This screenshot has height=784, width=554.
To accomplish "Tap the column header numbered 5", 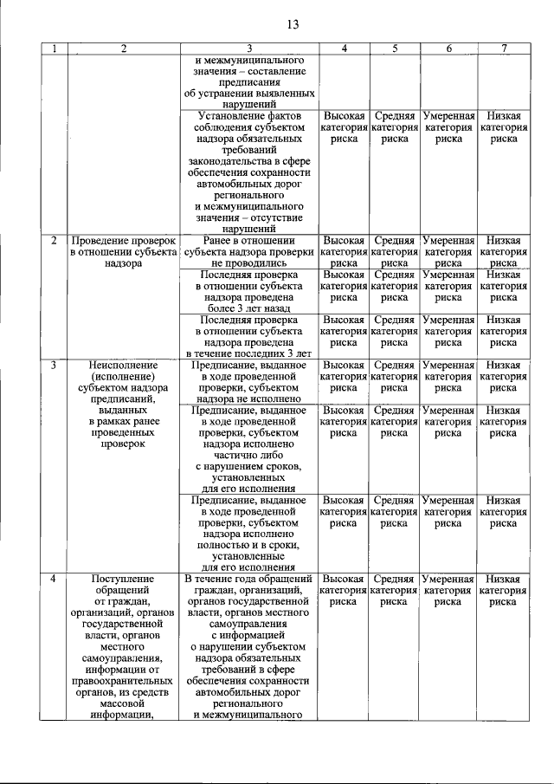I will pyautogui.click(x=395, y=49).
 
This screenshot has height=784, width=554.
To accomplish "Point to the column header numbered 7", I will pyautogui.click(x=504, y=49).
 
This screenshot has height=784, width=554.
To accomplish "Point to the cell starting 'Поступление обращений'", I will pyautogui.click(x=124, y=646).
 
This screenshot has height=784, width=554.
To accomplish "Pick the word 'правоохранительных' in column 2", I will pyautogui.click(x=124, y=681).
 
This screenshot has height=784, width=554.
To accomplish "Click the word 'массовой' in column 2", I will pyautogui.click(x=124, y=703).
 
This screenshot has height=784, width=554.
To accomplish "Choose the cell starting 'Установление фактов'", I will pyautogui.click(x=249, y=170).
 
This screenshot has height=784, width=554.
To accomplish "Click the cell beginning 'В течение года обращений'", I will pyautogui.click(x=249, y=646).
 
